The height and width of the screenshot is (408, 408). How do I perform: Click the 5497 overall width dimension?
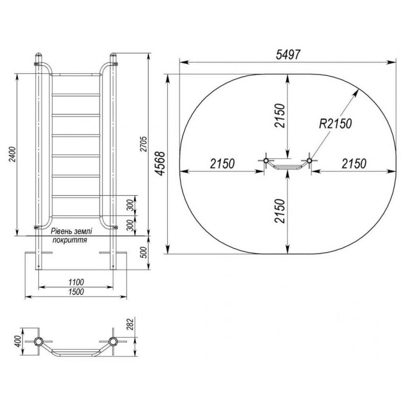(288, 55)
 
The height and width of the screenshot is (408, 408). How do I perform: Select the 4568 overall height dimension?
(161, 164)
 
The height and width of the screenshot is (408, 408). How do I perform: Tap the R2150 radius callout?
(336, 123)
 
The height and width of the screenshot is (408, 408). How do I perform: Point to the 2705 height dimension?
(144, 144)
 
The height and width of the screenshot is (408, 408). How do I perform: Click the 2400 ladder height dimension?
(13, 155)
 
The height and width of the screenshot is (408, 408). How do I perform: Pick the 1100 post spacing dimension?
(76, 282)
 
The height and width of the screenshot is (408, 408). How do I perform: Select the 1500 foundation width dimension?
(76, 292)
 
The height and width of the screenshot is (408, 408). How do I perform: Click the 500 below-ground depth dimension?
(144, 252)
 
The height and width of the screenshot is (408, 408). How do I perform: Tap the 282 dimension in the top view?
(131, 324)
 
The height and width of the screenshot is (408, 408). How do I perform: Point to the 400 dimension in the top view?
(18, 341)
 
